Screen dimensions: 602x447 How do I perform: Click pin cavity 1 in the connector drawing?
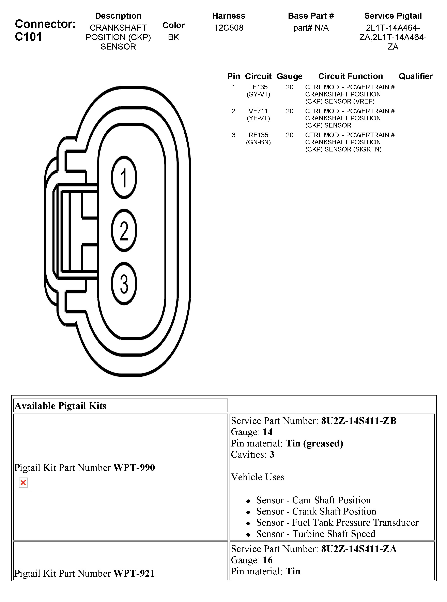pos(124,177)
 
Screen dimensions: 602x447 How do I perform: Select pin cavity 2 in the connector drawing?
pos(124,230)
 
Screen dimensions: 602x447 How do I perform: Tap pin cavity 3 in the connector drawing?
pos(124,283)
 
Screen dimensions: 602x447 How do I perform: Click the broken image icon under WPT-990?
pos(23,482)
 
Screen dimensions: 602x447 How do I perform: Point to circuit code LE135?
pos(258,87)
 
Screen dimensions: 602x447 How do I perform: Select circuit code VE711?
pos(258,111)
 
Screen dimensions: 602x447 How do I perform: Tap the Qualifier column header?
pos(415,76)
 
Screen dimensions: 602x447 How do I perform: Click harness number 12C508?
pos(229,28)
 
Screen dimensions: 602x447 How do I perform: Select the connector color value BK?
pos(173,37)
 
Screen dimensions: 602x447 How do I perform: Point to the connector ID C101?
pos(28,37)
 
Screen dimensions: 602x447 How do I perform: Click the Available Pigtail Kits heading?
pos(60,406)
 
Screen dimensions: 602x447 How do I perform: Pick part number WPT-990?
pos(134,468)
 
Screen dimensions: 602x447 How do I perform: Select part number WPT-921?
pos(134,573)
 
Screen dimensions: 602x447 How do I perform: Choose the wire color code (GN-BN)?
pos(258,142)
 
